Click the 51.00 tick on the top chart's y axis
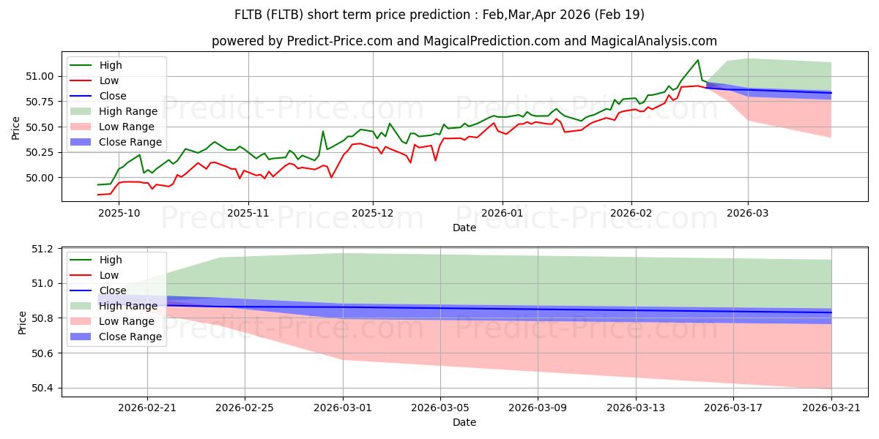pos(40,76)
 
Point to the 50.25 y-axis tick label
pos(40,152)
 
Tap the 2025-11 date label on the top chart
pos(248,213)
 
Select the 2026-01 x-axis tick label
pos(502,213)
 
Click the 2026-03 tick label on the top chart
pos(748,213)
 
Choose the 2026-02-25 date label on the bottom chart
pos(245,408)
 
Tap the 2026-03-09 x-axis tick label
pos(538,408)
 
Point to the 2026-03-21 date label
pos(831,408)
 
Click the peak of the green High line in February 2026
pos(697,60)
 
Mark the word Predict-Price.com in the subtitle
pos(339,41)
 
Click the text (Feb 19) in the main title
pos(620,15)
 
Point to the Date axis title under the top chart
pos(464,228)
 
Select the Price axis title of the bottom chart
pos(22,323)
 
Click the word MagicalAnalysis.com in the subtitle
pos(653,41)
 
